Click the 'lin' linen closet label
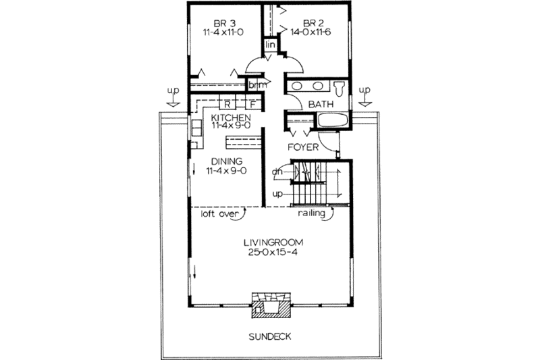pos(270,45)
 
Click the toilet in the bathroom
pos(340,88)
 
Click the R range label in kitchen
pos(228,105)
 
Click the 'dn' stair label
pos(277,172)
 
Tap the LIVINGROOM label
pos(273,242)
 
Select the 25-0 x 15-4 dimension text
pos(273,253)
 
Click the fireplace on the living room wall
pos(272,306)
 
